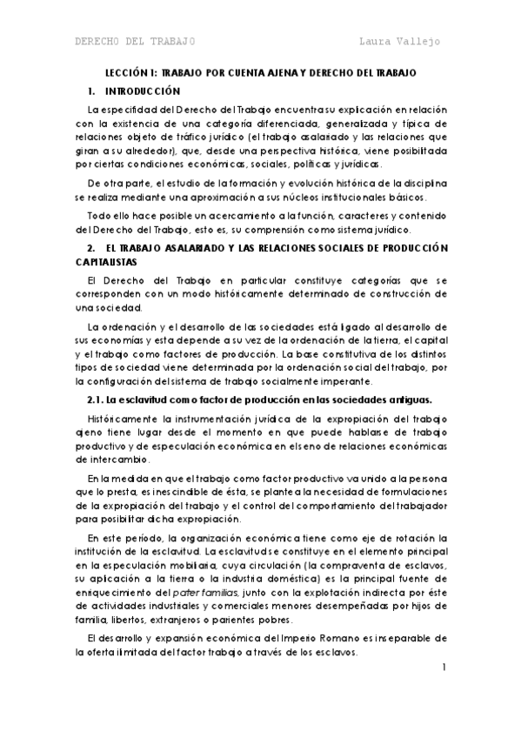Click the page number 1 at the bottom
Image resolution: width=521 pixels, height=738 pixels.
point(444,668)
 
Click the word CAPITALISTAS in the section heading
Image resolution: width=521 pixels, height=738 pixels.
point(109,260)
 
